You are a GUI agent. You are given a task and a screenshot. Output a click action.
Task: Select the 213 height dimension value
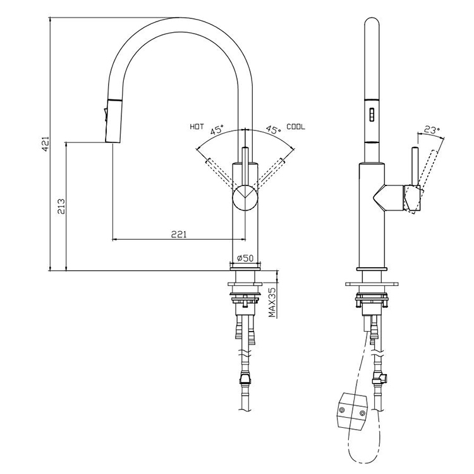[61, 206]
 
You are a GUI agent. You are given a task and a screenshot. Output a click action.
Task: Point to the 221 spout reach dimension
[179, 234]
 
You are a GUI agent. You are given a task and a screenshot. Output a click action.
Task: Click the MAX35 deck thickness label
[272, 302]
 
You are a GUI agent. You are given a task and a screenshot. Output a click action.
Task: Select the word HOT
[197, 127]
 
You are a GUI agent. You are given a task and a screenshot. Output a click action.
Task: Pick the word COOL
[295, 127]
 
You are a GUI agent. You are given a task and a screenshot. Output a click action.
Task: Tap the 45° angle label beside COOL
[272, 130]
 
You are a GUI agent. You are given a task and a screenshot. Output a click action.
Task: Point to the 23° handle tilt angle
[431, 129]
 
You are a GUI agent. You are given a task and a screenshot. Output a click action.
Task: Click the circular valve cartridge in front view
[245, 197]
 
